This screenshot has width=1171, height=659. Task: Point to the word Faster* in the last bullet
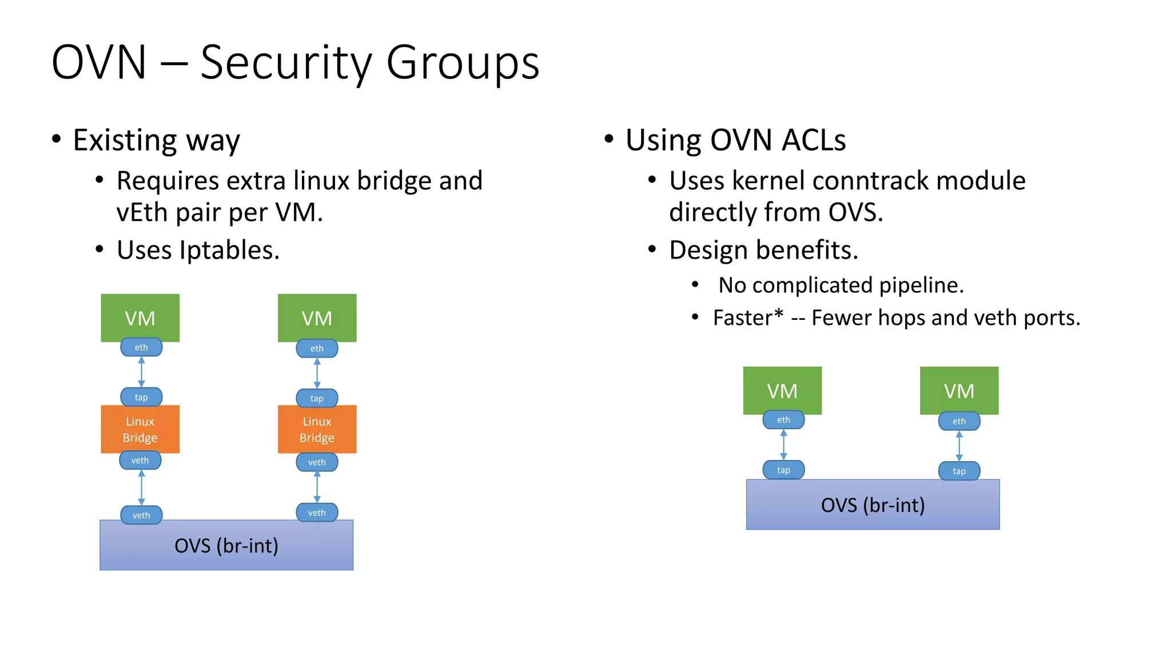748,317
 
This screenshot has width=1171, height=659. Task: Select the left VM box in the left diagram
140,317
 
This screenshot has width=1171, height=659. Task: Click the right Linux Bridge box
317,429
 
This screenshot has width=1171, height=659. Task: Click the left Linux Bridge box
140,429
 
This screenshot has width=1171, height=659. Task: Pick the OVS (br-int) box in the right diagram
873,505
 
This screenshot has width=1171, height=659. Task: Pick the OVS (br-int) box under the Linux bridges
226,546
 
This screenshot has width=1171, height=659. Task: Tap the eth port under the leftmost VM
141,347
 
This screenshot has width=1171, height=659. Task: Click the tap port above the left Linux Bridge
141,397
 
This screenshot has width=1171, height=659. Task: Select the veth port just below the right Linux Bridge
317,462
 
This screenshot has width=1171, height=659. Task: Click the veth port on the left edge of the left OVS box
141,515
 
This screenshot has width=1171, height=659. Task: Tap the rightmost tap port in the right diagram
959,471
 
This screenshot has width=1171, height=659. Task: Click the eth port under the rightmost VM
959,422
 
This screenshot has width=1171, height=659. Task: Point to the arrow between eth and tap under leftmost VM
141,372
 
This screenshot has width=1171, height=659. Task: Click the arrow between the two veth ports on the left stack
141,488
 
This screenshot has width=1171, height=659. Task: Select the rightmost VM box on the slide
959,390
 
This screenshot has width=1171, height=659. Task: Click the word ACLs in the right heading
814,140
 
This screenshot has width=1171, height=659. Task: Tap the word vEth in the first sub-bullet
141,213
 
